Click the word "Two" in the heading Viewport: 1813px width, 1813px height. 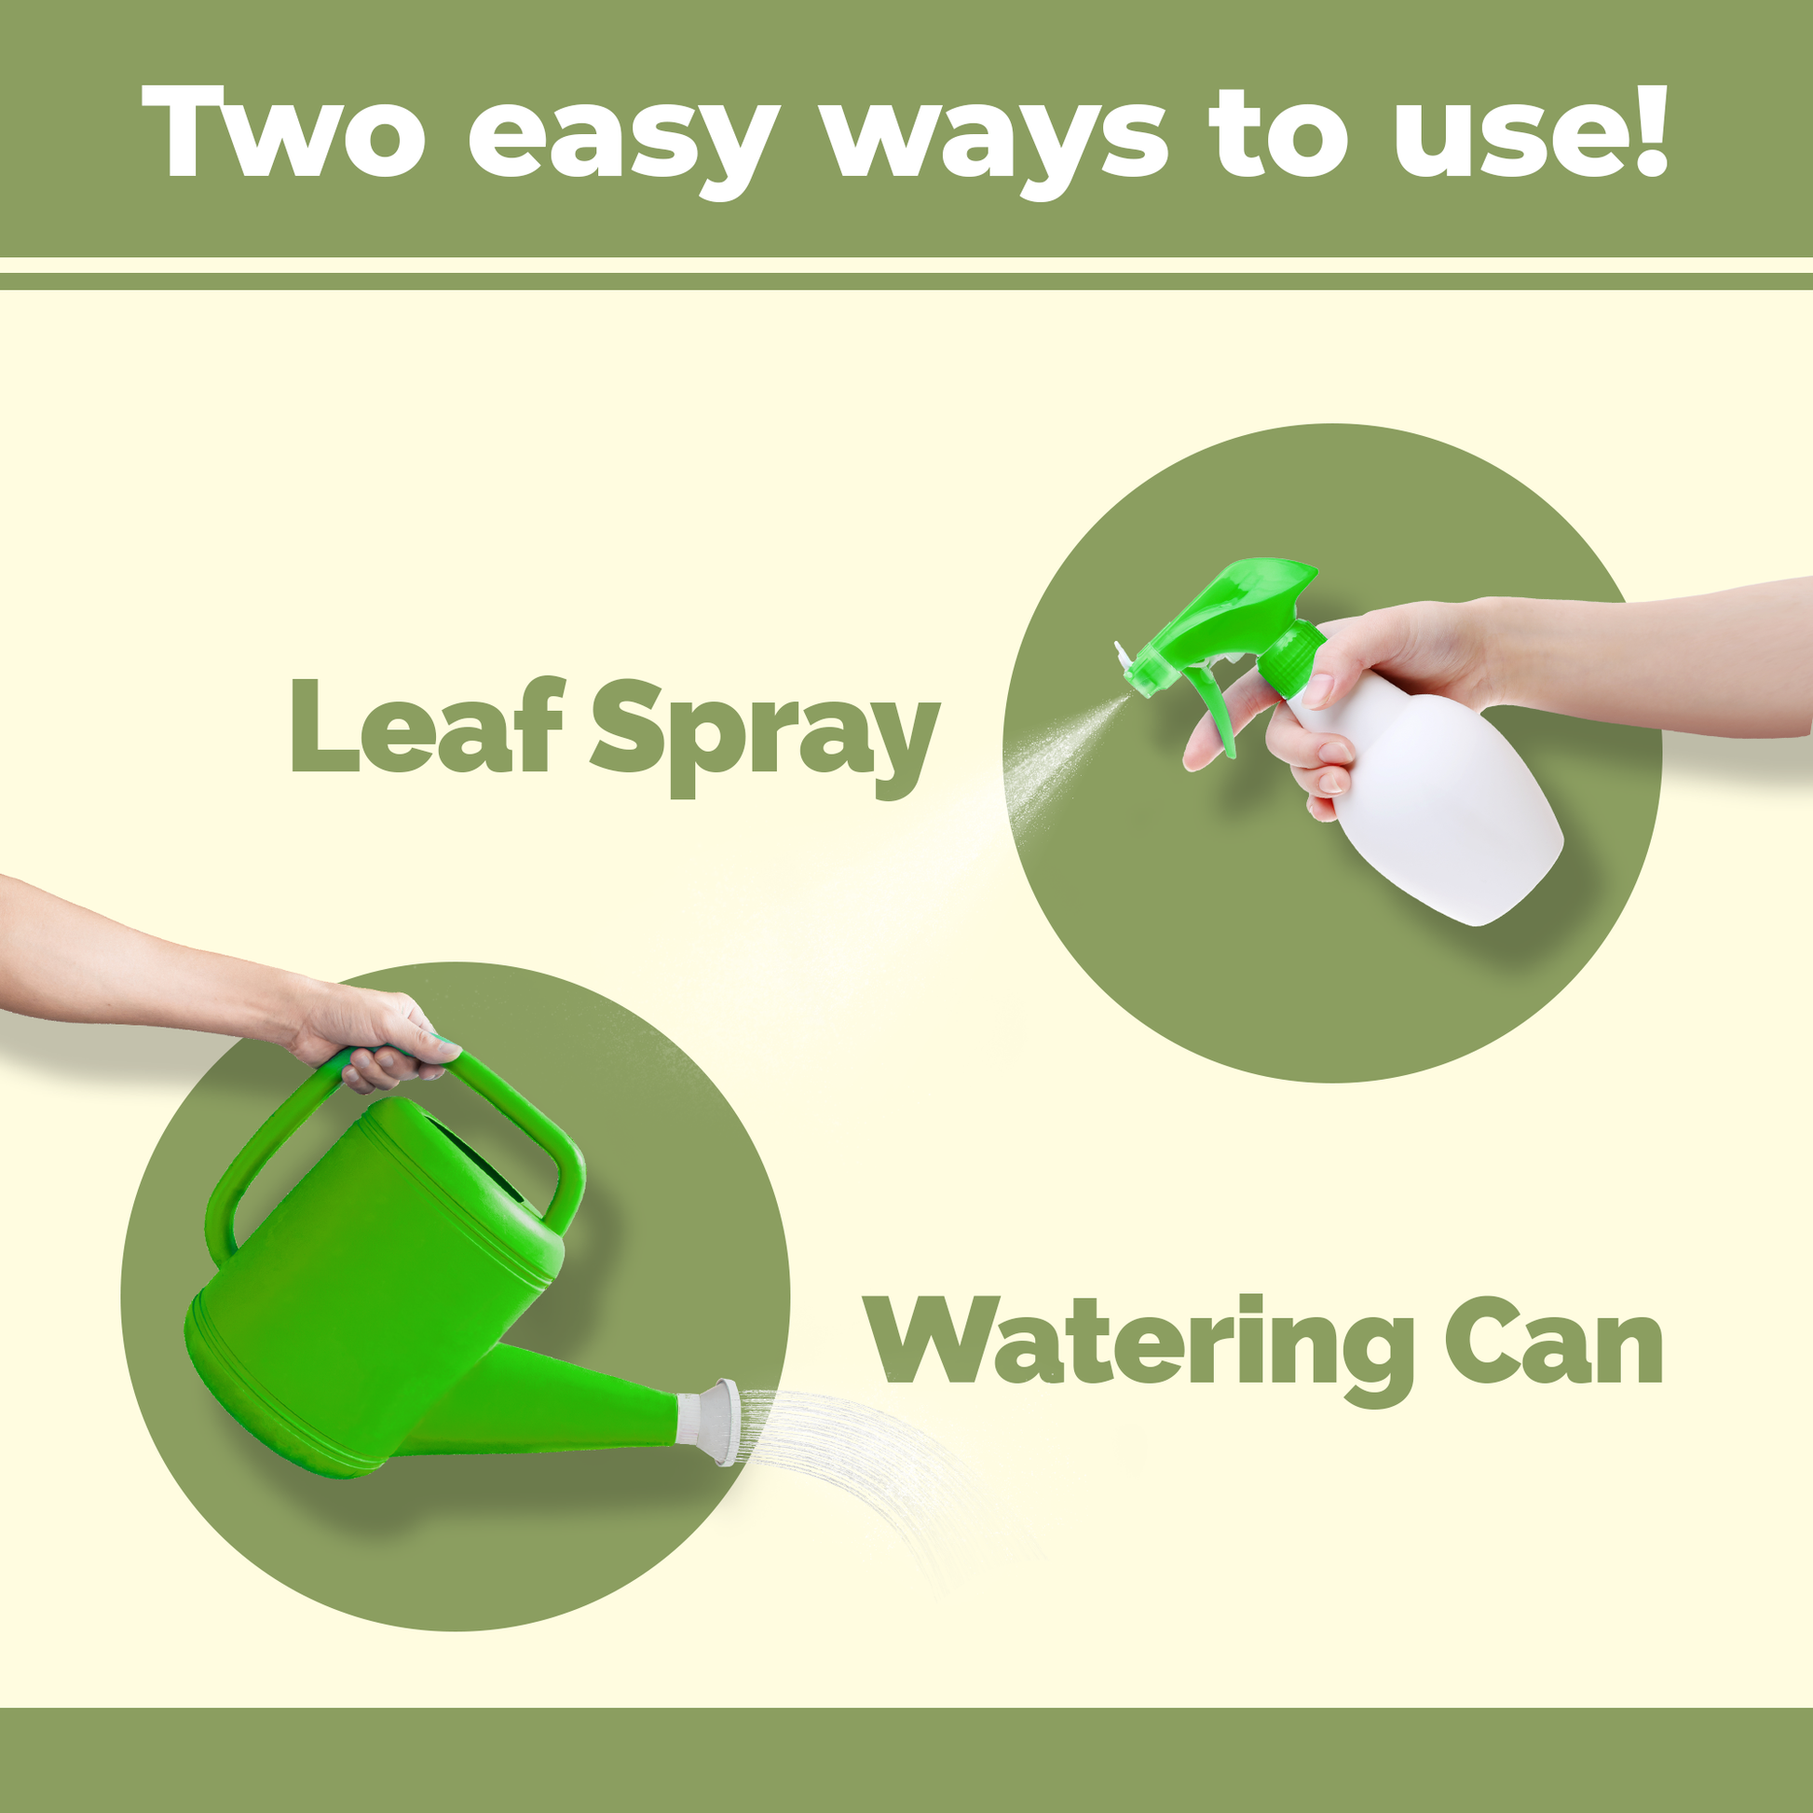click(283, 132)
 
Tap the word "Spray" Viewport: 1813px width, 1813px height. click(764, 738)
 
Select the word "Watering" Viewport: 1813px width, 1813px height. click(1139, 1349)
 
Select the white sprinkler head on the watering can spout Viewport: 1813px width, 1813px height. click(710, 1422)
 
